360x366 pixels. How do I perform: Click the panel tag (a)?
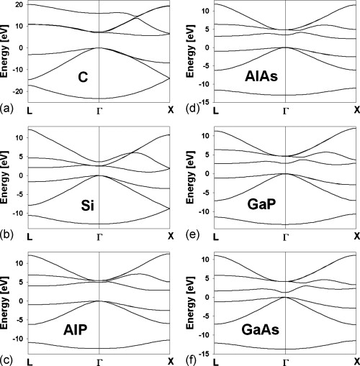point(7,109)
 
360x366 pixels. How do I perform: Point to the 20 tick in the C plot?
point(21,6)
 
